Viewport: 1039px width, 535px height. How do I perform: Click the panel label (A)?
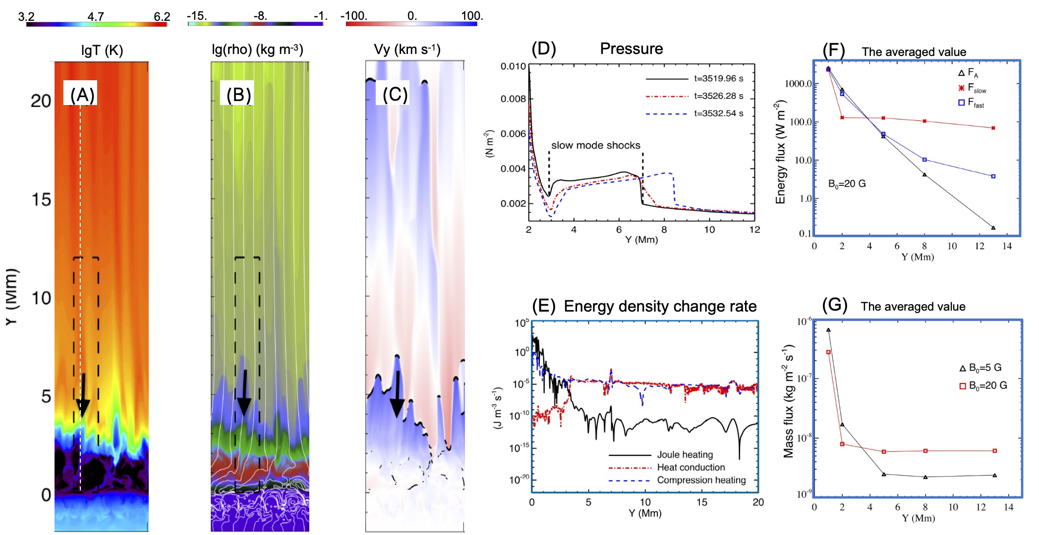[x=82, y=95]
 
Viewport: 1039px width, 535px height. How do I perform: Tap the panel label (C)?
[x=395, y=94]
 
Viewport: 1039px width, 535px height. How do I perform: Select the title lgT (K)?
[x=102, y=51]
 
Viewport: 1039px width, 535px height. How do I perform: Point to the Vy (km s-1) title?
[x=407, y=50]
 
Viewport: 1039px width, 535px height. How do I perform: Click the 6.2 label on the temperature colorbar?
[x=162, y=16]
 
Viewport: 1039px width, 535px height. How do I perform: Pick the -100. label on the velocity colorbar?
[x=354, y=16]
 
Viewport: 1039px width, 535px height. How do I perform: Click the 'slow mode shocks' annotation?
[x=595, y=145]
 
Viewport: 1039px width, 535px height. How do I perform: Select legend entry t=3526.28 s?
[x=718, y=96]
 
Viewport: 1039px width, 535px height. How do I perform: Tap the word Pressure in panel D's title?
[x=631, y=49]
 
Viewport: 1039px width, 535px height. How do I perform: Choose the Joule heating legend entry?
[x=685, y=455]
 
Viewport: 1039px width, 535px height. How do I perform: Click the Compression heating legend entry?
[x=701, y=480]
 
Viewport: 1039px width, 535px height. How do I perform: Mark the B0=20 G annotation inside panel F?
[x=847, y=184]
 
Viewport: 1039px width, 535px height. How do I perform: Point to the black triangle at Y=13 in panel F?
[x=993, y=228]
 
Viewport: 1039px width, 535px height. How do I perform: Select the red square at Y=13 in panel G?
[x=994, y=451]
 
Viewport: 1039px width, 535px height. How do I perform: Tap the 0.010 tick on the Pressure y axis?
[x=513, y=66]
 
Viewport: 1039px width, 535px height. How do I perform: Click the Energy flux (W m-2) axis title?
[x=781, y=152]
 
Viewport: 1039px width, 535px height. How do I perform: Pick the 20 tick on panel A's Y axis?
[x=41, y=101]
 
